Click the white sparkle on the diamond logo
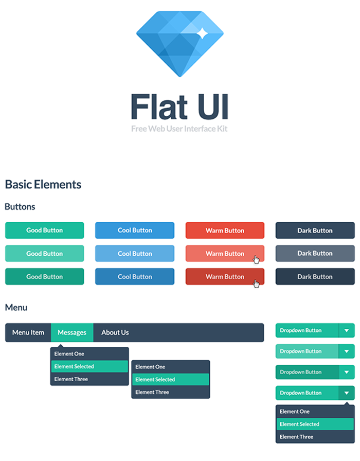click(202, 34)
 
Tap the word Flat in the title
click(159, 107)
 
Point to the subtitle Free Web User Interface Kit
click(179, 129)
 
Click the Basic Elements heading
click(43, 185)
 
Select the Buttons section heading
click(20, 207)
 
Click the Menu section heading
click(16, 308)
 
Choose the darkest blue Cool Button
click(135, 277)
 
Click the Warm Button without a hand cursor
click(225, 230)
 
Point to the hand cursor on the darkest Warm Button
click(256, 283)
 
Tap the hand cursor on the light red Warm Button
click(256, 260)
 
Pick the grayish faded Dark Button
click(315, 254)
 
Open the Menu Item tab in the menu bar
click(28, 332)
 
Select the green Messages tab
click(72, 332)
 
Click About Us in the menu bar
click(115, 332)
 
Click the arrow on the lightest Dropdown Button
click(347, 351)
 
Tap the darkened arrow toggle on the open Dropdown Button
click(347, 393)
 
